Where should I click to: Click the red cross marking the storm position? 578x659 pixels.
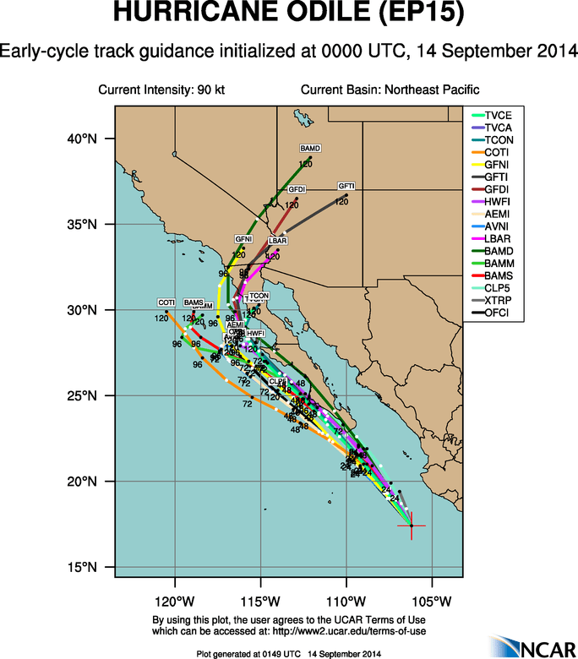point(411,526)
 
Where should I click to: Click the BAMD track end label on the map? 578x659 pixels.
point(310,149)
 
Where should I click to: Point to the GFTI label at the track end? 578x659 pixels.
point(346,186)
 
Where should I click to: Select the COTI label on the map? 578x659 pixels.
point(166,302)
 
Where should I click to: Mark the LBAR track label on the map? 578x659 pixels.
point(278,242)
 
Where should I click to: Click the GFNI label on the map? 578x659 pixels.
point(243,240)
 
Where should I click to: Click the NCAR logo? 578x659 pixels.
point(528,645)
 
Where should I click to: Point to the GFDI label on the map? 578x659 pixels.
point(297,188)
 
